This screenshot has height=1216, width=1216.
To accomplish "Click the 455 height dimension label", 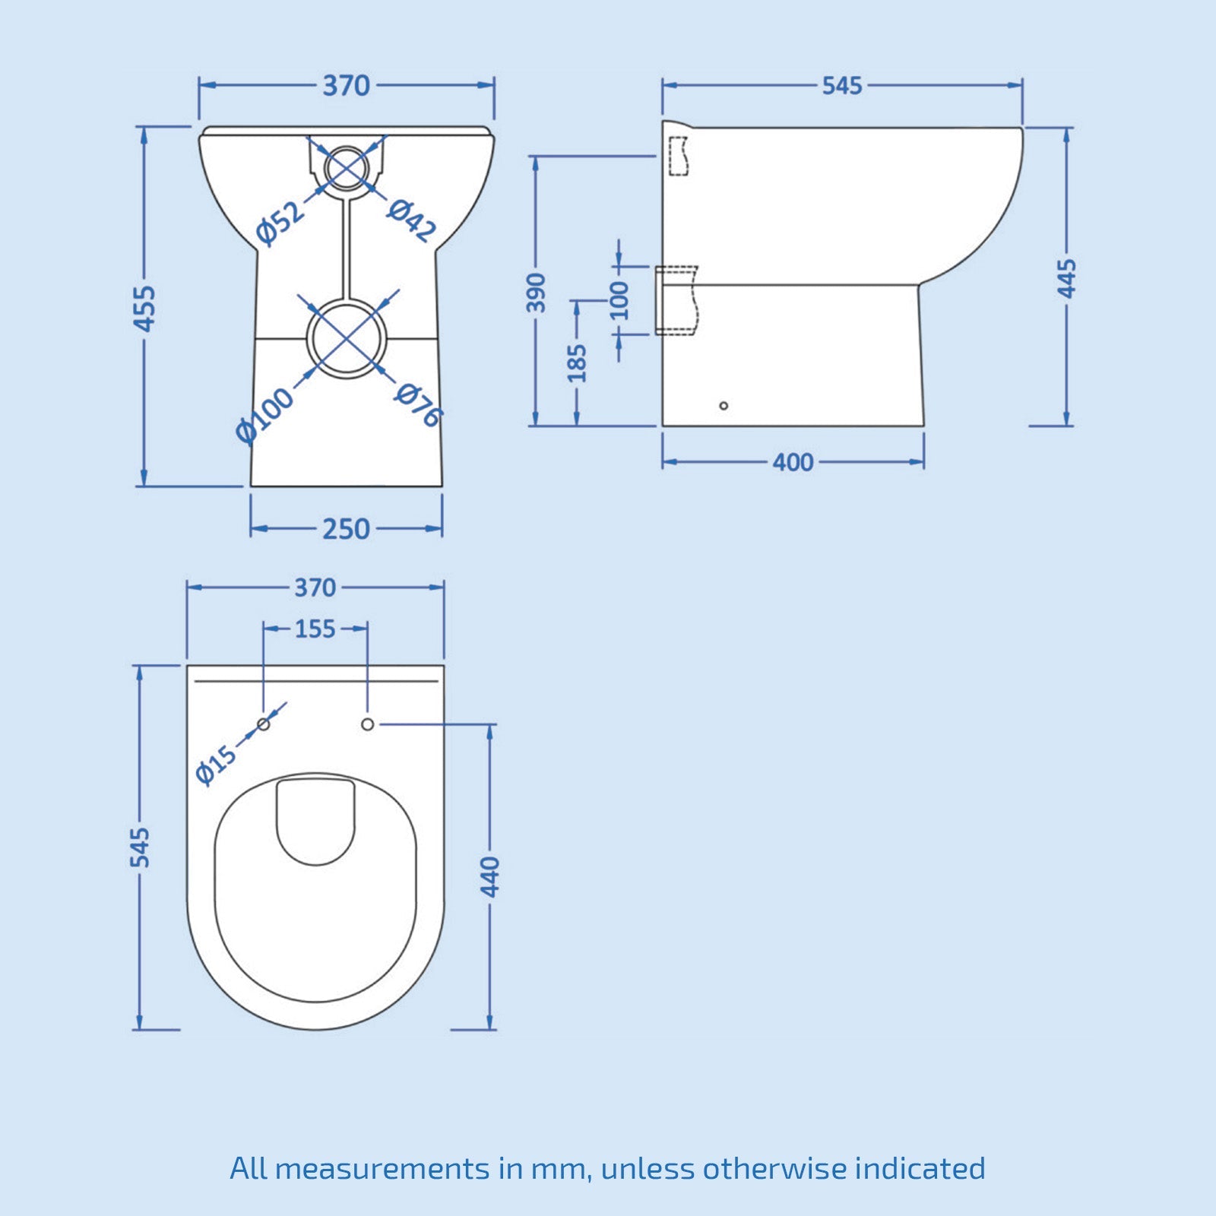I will pos(144,308).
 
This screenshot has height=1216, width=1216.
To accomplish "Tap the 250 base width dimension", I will pos(346,529).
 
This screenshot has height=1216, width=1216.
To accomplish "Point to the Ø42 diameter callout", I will pos(412,220).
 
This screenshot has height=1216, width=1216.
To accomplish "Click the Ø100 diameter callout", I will pos(264,415).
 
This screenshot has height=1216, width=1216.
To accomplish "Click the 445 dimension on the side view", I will pos(1067,278).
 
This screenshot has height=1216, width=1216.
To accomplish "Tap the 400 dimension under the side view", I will pos(793,462).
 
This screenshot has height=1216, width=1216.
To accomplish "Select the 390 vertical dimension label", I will pos(537,293).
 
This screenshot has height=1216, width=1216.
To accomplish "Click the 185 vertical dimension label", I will pos(578,363).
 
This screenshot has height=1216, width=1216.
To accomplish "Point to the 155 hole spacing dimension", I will pos(315,629).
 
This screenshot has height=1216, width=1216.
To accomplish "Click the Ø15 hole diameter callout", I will pos(216,765).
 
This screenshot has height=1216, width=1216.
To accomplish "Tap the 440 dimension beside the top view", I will pos(491,876).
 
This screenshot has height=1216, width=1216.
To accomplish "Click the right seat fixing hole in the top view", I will pos(367,724).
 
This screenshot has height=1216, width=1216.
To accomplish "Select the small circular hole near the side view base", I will pos(724,406).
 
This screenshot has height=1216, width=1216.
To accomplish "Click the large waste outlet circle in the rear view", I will pos(347,338).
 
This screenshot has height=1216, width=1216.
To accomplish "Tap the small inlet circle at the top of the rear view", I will pos(347,168).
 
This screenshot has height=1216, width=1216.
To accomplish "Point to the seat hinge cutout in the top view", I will pos(315,819).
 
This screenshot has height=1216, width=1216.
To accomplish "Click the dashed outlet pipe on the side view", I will pos(676,300).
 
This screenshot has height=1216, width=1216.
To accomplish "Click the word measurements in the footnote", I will pos(382,1168).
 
